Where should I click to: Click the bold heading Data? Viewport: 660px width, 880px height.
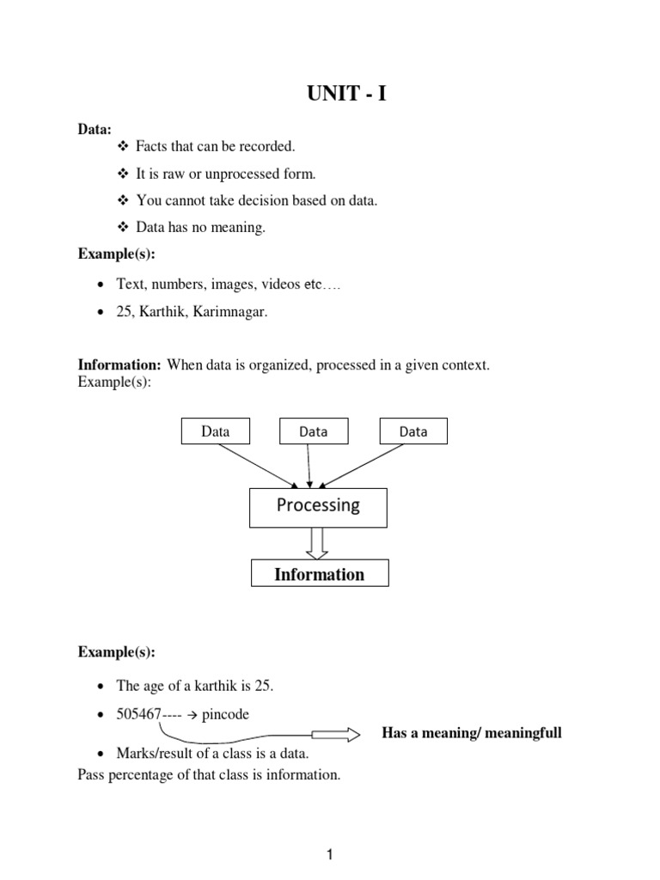click(x=95, y=129)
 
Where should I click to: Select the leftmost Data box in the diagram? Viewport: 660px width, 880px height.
click(x=215, y=431)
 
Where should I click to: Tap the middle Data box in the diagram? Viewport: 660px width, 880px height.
click(x=313, y=431)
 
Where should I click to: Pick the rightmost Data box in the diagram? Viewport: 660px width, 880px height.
click(x=413, y=431)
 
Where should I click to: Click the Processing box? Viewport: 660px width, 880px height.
click(x=318, y=506)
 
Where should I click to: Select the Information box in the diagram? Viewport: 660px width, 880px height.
click(x=319, y=574)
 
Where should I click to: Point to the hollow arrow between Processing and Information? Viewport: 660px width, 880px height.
click(x=318, y=543)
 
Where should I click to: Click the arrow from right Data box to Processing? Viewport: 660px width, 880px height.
click(x=370, y=466)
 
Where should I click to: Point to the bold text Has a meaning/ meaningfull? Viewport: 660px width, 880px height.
click(x=472, y=733)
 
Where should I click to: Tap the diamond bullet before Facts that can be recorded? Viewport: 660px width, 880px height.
click(x=120, y=147)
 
